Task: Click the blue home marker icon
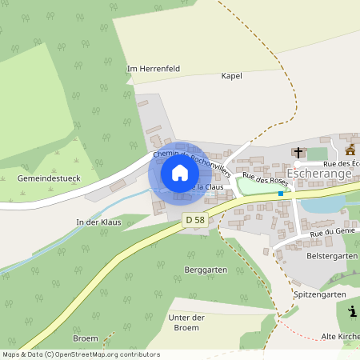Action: coord(179,173)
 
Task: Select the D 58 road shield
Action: coord(194,219)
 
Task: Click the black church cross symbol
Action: coord(298,152)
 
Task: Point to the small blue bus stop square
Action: coord(280,194)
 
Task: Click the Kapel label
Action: coord(231,76)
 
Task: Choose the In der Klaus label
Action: coord(98,222)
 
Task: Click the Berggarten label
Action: coord(206,270)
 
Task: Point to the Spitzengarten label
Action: coord(320,294)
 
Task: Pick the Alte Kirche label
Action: coord(339,337)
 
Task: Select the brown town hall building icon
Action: coord(350,150)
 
